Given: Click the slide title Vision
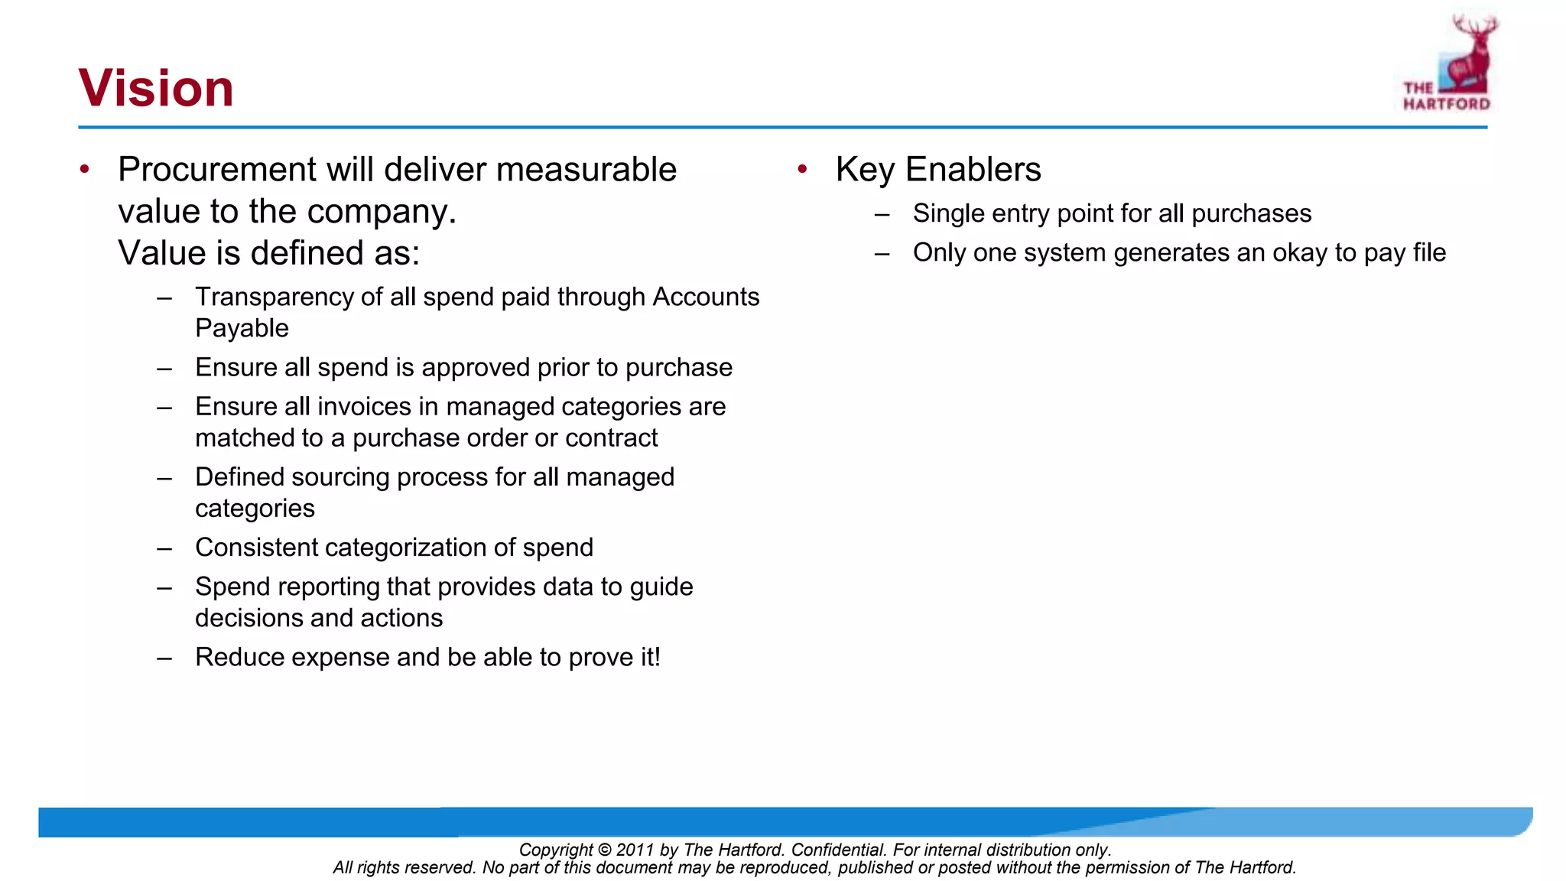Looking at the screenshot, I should tap(156, 88).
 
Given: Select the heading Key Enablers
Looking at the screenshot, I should tap(938, 170).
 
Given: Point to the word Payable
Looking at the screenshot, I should tap(242, 328).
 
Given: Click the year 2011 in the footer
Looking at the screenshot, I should tap(635, 850).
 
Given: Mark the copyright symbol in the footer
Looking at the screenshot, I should tap(604, 850).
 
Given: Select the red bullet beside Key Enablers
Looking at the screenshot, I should tap(802, 169).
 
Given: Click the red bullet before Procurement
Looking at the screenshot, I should tap(85, 169).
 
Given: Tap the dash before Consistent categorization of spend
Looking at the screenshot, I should tap(164, 548).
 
